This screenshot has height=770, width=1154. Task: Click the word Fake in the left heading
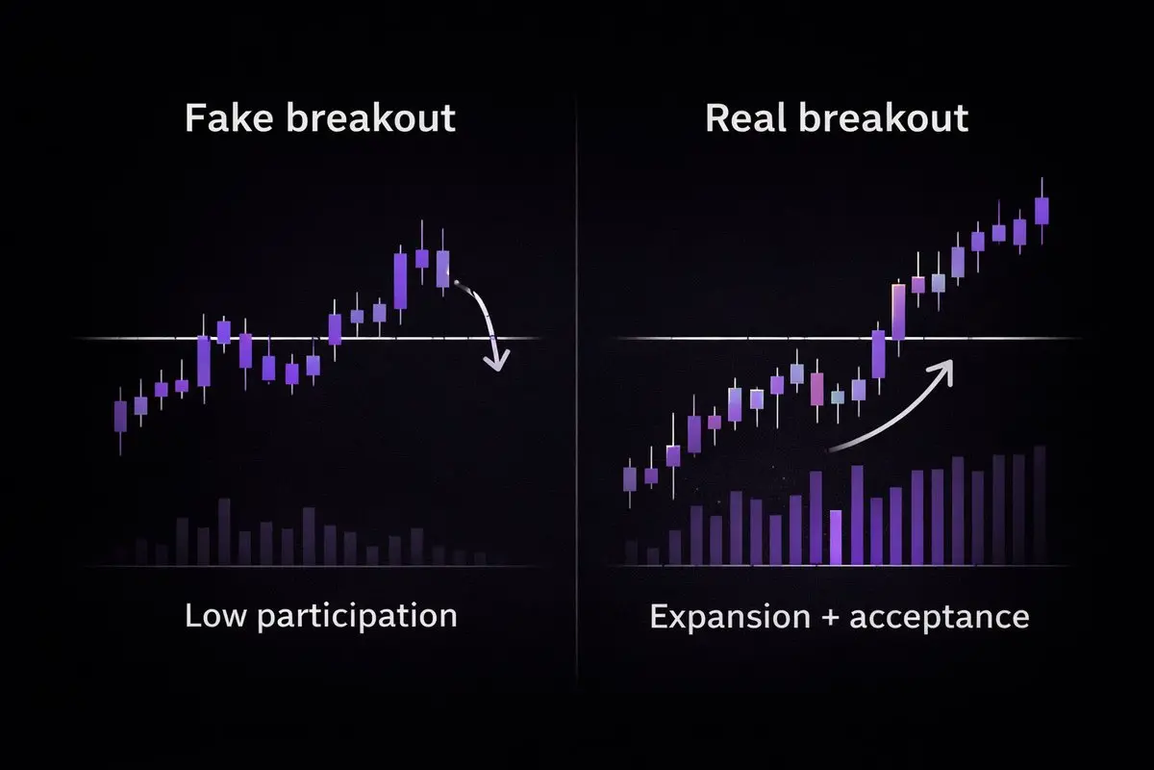(229, 118)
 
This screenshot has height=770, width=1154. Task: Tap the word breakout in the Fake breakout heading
(371, 118)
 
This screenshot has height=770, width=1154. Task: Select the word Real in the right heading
(745, 118)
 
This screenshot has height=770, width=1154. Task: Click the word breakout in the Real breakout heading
(884, 118)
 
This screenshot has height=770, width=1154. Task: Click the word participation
(357, 617)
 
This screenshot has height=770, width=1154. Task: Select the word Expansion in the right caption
(730, 617)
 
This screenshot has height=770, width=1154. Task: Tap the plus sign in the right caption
(830, 618)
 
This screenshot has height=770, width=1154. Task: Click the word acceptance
(940, 617)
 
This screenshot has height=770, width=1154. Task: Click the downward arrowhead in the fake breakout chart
(496, 361)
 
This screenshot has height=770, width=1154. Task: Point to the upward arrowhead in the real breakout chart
(942, 371)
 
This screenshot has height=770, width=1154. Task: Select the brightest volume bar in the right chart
(836, 537)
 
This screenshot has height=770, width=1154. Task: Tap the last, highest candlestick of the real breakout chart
(1041, 211)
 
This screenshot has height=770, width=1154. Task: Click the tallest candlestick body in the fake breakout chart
(400, 281)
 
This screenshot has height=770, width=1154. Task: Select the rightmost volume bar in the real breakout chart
(1040, 505)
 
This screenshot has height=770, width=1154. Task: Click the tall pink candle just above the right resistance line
(898, 312)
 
